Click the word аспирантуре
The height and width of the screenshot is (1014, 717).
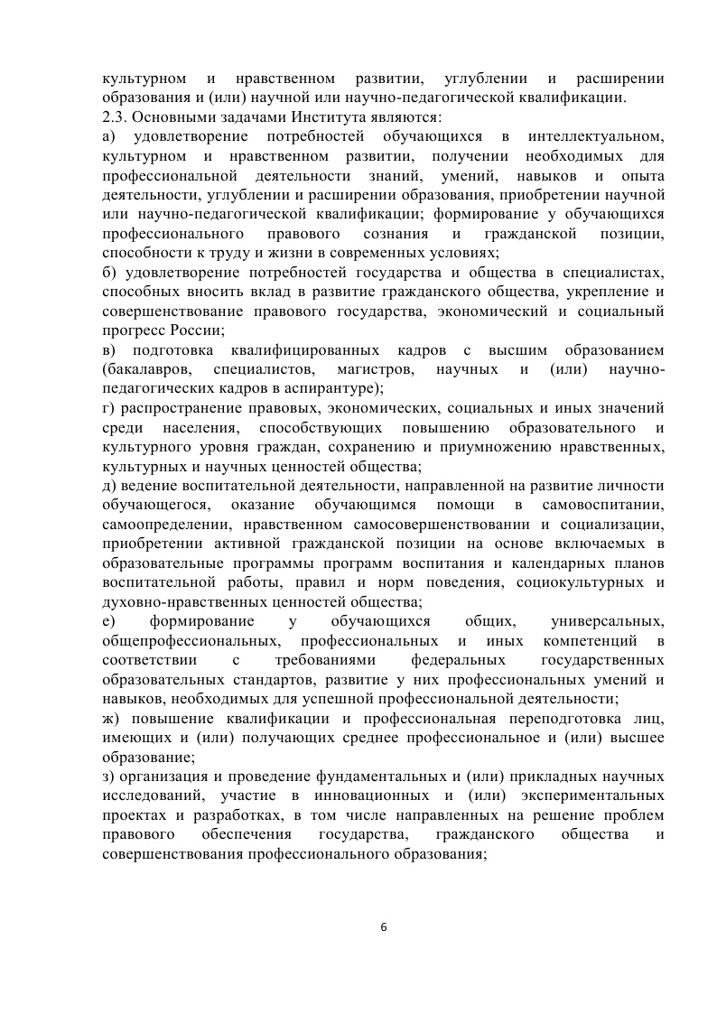340,388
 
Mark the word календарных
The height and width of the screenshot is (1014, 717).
545,563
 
